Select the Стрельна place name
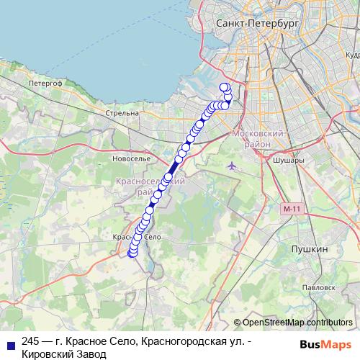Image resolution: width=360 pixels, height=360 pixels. (x=122, y=113)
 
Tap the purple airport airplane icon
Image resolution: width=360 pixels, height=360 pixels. (x=231, y=167)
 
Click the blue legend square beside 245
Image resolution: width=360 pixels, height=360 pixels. (x=9, y=343)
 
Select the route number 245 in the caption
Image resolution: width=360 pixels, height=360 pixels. (x=31, y=341)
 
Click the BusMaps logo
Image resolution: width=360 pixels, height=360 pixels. (x=327, y=344)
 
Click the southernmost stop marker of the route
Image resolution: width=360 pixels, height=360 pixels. (x=132, y=253)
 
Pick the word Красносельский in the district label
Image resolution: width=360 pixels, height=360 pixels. (x=151, y=184)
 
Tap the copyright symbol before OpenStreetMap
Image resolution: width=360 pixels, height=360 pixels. (x=238, y=323)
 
